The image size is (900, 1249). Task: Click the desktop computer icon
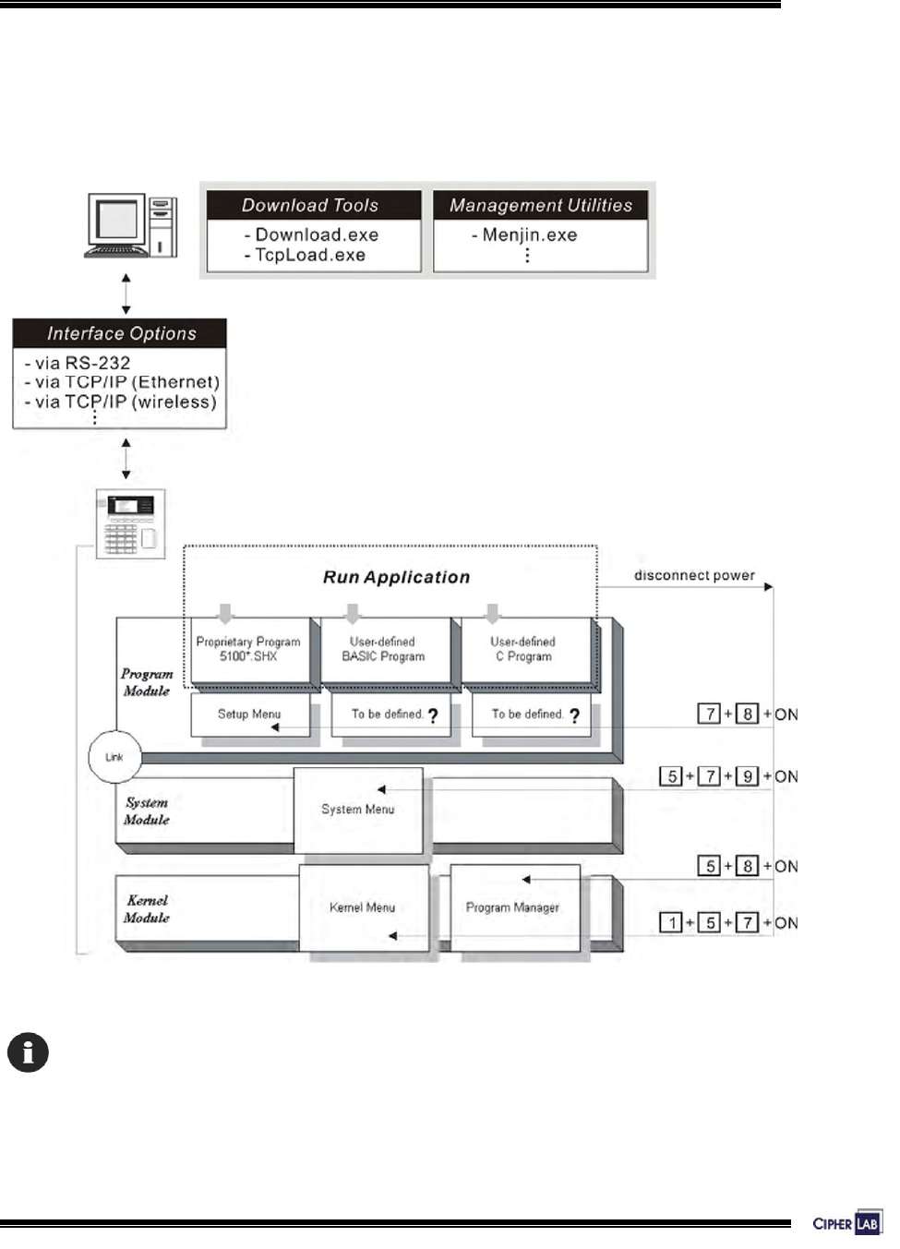click(x=131, y=226)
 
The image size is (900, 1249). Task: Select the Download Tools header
click(x=310, y=205)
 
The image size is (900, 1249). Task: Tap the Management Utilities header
click(x=541, y=205)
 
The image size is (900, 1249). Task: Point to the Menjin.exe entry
click(x=529, y=235)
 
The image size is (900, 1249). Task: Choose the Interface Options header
click(x=121, y=333)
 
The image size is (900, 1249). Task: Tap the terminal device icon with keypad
click(x=131, y=522)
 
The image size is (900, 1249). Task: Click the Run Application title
click(x=396, y=577)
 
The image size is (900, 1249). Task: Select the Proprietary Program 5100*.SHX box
click(x=248, y=649)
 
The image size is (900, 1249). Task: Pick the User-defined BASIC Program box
click(x=383, y=649)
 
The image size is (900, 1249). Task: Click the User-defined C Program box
click(x=523, y=649)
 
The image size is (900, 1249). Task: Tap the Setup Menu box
click(x=249, y=715)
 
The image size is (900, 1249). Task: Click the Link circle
click(x=114, y=757)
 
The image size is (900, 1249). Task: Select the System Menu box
click(x=358, y=810)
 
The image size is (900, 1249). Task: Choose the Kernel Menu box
click(x=363, y=907)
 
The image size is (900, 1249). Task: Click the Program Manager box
click(x=513, y=907)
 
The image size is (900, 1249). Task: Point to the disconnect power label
click(x=694, y=575)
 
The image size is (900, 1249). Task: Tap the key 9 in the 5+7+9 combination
click(x=748, y=776)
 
